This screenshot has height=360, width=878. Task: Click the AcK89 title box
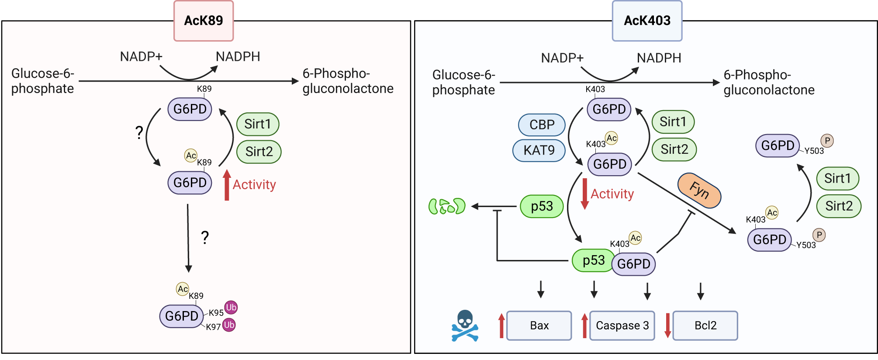pos(204,21)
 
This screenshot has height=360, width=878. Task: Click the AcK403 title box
pos(647,21)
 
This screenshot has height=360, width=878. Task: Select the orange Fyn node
pos(699,190)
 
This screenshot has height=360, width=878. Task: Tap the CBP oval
pos(542,125)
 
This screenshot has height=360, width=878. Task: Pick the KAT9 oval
pos(539,150)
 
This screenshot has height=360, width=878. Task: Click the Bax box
pos(539,325)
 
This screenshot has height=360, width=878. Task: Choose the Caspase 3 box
pos(622,325)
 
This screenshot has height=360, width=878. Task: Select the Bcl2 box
pos(705,325)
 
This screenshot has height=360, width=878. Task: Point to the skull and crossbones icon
pos(465,325)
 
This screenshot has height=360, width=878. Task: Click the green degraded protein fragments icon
pos(447,206)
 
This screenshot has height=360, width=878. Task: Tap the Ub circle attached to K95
pos(231,307)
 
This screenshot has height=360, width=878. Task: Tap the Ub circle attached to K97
pos(229,325)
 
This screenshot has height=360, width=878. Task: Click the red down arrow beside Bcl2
pos(667,325)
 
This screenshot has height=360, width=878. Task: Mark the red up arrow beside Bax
pos(501,325)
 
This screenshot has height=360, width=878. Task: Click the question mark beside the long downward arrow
pos(205,237)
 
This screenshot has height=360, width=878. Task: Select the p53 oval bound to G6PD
pos(593,260)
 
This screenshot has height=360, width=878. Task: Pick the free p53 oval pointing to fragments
pos(542,206)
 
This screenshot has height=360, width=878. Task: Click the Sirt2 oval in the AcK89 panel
pos(259,152)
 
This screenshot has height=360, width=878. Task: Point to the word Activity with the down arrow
pos(612,194)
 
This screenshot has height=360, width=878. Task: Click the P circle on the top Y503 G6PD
pos(827,141)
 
